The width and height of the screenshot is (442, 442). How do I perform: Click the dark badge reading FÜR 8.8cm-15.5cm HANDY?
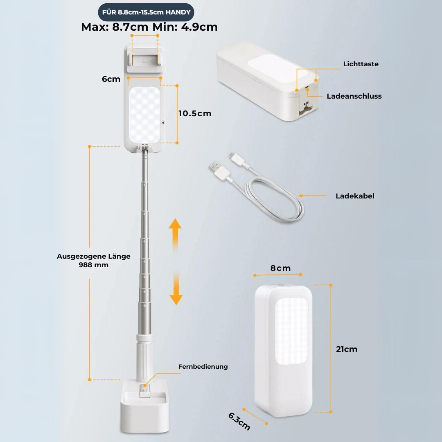tap(146, 12)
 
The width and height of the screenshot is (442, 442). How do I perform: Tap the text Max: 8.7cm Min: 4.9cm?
tap(149, 27)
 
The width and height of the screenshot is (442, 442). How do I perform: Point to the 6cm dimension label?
tap(111, 79)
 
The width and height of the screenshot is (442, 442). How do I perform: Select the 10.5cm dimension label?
tap(195, 113)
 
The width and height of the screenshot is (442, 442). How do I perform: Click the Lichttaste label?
tap(361, 64)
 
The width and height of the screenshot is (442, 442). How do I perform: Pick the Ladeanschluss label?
tap(354, 96)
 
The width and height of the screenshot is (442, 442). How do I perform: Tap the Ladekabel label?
tap(355, 196)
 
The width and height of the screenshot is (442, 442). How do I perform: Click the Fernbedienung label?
tap(203, 366)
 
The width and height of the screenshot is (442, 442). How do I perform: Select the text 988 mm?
tap(94, 265)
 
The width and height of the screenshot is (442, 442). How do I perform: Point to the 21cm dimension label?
tap(347, 349)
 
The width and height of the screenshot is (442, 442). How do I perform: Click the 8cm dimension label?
tap(280, 268)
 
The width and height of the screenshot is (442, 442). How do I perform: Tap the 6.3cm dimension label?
tap(239, 422)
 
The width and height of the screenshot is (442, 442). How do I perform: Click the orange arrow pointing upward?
tap(175, 234)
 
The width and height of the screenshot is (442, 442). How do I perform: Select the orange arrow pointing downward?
tap(176, 289)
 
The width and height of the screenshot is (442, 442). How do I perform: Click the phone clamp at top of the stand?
tap(144, 59)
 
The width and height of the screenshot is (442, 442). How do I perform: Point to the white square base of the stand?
tap(144, 406)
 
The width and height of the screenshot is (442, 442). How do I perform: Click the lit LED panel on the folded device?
tap(291, 331)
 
